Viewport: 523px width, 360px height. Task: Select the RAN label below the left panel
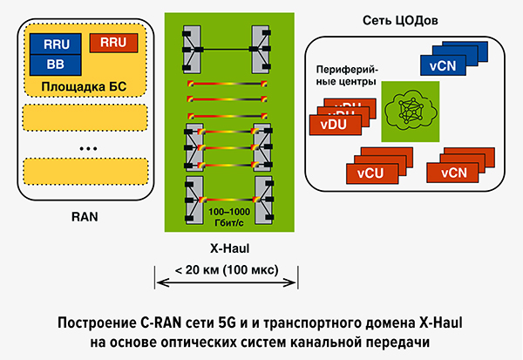pos(85,210)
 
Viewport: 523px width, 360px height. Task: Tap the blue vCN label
pos(443,65)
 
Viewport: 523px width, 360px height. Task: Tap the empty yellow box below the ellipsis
pos(85,170)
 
